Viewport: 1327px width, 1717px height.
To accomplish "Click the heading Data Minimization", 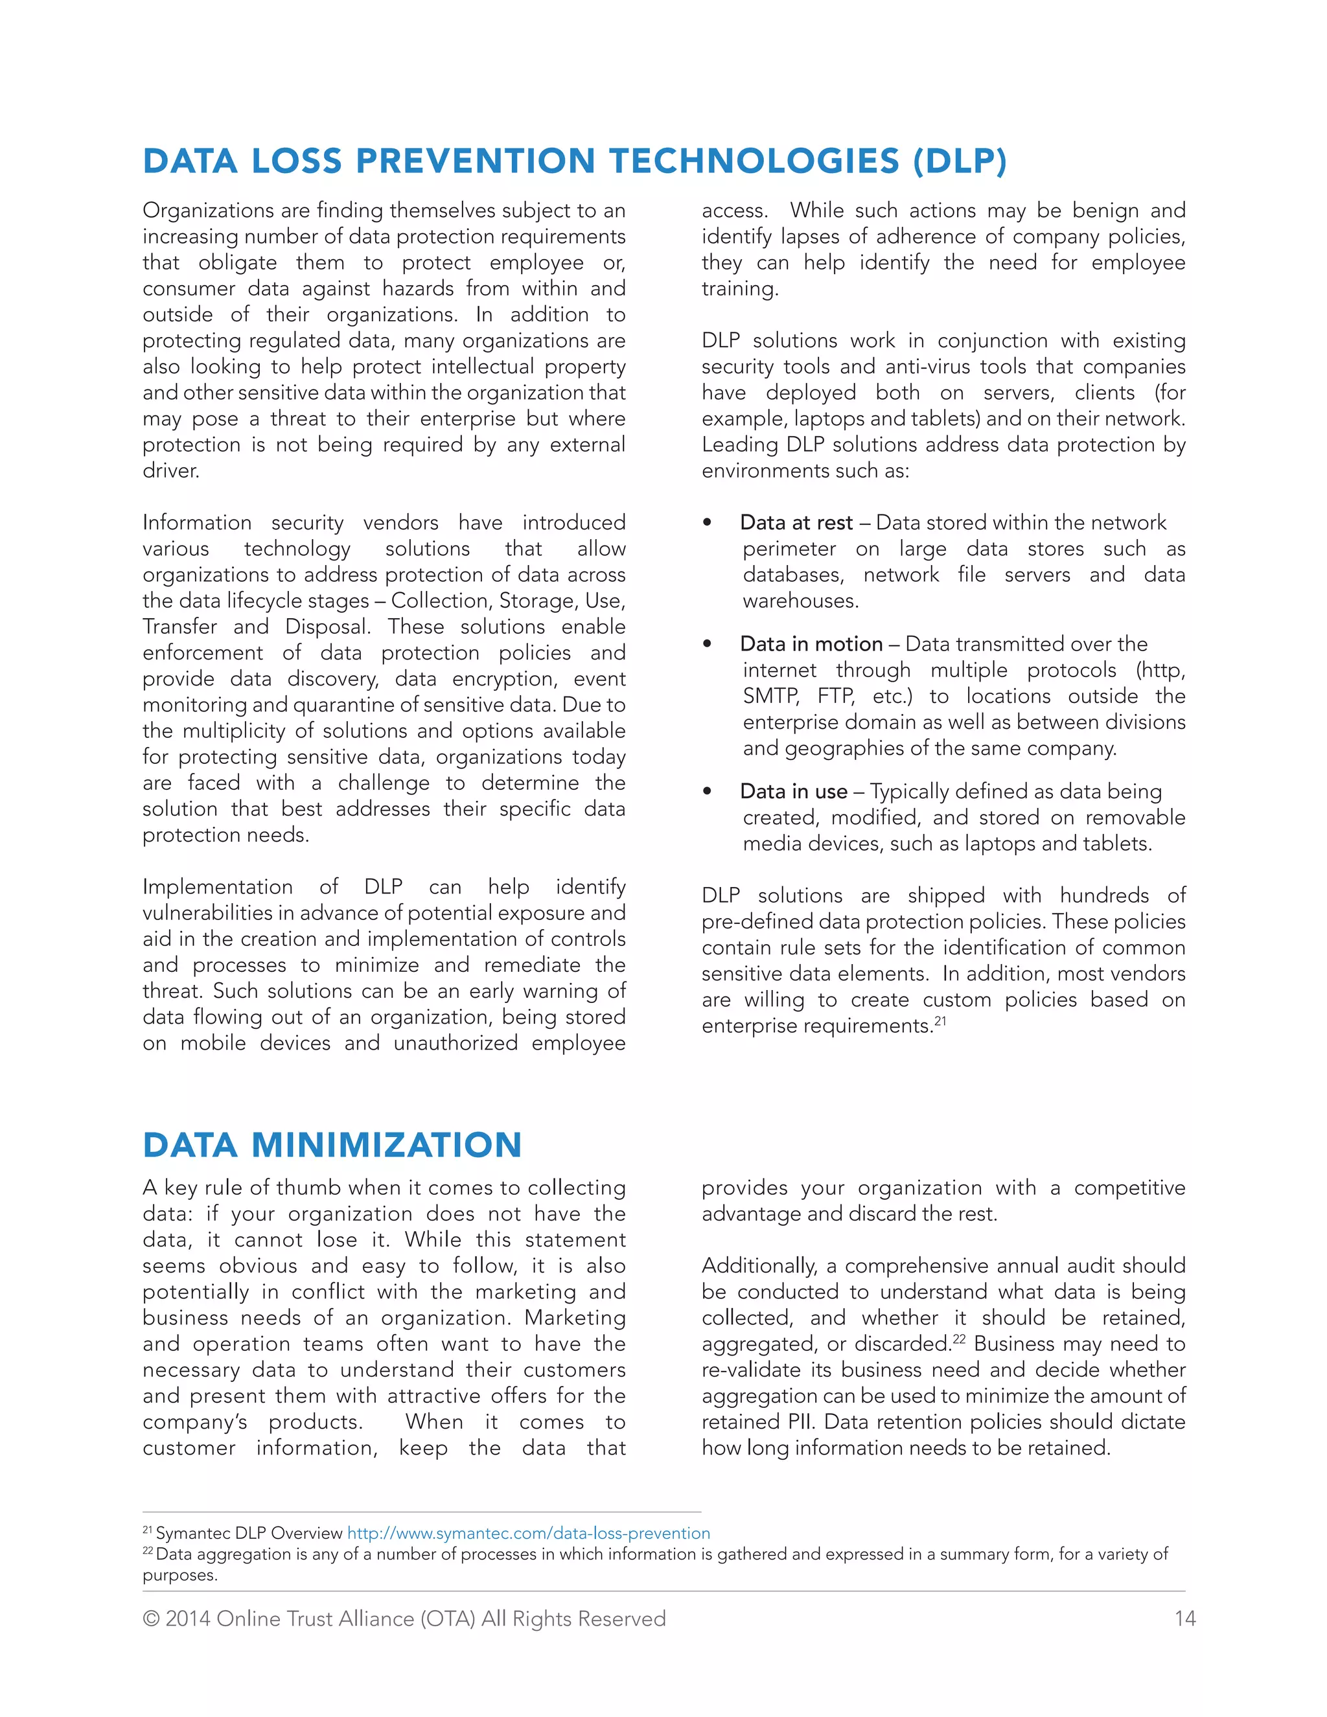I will click(x=332, y=1145).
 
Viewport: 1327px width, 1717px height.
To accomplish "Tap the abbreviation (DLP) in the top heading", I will click(x=959, y=161).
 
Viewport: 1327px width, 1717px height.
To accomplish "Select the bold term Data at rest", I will click(x=796, y=523).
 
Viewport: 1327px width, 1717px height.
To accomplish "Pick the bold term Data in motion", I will click(x=811, y=644).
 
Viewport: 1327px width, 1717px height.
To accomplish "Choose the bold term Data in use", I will click(x=793, y=791).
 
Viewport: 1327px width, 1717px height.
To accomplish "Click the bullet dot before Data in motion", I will click(x=708, y=644).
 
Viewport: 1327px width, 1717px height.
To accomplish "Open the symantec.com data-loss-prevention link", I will click(x=528, y=1533).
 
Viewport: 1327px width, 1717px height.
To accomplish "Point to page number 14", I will click(x=1184, y=1618).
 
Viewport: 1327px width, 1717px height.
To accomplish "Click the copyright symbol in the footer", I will click(x=151, y=1619).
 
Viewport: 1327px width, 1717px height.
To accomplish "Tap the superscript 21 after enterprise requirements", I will click(x=940, y=1021).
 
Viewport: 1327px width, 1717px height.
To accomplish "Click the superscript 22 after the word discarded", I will click(x=959, y=1339).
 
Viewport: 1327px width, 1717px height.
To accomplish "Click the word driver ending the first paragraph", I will click(x=170, y=471).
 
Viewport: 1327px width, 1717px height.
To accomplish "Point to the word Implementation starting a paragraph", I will click(x=217, y=887).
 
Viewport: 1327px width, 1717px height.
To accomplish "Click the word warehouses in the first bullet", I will click(x=800, y=601).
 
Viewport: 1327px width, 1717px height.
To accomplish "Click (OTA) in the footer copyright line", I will click(x=447, y=1618).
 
